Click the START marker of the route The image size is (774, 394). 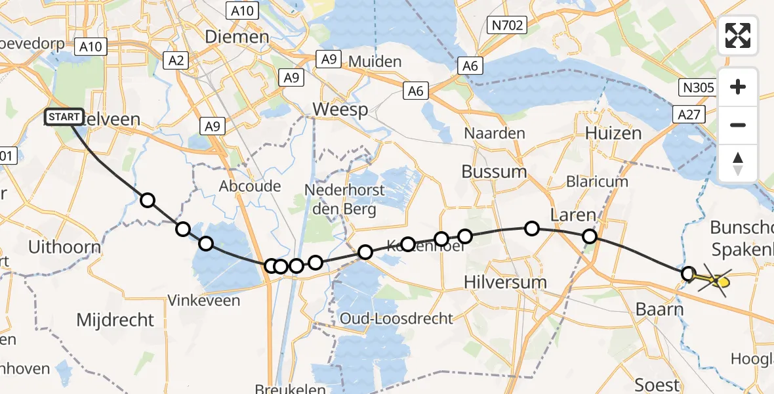point(64,118)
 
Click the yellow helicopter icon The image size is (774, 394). point(716,282)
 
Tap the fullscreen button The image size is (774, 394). point(738,35)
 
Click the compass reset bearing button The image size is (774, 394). point(738,164)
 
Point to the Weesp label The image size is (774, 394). point(340,109)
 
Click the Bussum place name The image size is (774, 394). point(494,172)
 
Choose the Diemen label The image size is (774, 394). point(237,37)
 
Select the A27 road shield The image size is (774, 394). point(689,116)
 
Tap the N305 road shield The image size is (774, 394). point(695,87)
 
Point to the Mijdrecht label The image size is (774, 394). point(115,320)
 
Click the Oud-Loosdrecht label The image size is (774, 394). point(396,319)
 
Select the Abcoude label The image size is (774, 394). point(250,186)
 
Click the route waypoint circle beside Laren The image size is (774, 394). point(590,236)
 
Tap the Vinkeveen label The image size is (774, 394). point(204,301)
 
